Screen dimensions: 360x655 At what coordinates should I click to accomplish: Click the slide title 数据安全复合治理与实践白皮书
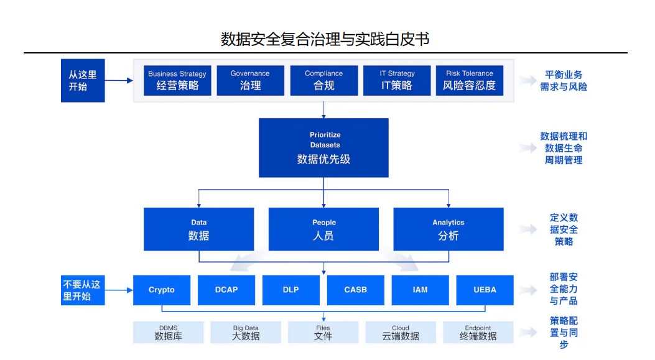pos(325,39)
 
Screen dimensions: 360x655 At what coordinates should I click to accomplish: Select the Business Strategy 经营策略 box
pos(177,80)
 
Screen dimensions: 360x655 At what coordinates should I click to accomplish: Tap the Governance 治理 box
pos(250,80)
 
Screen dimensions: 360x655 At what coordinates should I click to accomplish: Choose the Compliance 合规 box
pos(323,80)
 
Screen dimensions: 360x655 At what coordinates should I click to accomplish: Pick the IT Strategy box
pos(397,80)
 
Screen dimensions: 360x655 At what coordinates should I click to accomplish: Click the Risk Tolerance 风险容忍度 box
pos(469,80)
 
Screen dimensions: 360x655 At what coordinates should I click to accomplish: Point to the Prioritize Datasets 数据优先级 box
pos(323,148)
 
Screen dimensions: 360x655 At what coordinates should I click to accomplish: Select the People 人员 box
pos(323,229)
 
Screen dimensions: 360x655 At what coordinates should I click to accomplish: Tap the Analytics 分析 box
pos(448,229)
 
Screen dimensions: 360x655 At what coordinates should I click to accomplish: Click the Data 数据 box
pos(198,229)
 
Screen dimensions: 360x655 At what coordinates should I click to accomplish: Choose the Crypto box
pos(162,290)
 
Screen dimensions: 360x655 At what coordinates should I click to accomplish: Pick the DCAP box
pos(226,290)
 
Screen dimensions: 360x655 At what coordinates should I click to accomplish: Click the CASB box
pos(355,290)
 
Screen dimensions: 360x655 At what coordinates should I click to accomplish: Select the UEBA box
pos(485,290)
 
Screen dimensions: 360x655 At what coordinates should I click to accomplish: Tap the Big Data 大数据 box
pos(246,333)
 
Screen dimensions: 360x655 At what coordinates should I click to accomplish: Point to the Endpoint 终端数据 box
pos(478,333)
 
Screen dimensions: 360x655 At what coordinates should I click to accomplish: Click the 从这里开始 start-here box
pos(83,80)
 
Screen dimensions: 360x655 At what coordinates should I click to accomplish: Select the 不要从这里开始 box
pos(83,290)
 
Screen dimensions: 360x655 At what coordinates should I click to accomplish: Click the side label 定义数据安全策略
pos(564,229)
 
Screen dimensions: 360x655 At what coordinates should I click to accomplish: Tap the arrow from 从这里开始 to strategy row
pos(119,80)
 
